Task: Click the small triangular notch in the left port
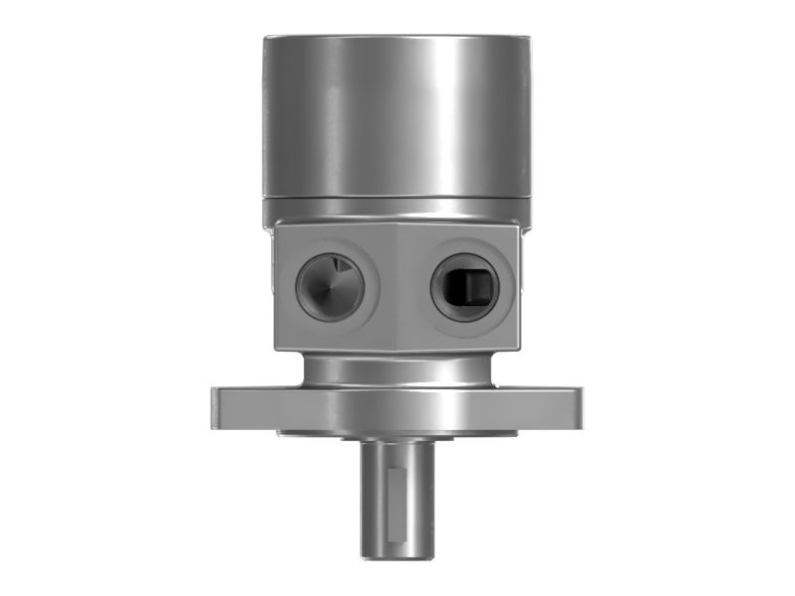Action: [x=339, y=266]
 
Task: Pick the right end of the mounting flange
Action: [x=573, y=408]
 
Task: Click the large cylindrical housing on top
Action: [x=397, y=119]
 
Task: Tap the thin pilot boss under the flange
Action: [x=397, y=435]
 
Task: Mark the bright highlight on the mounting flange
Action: [x=437, y=408]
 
